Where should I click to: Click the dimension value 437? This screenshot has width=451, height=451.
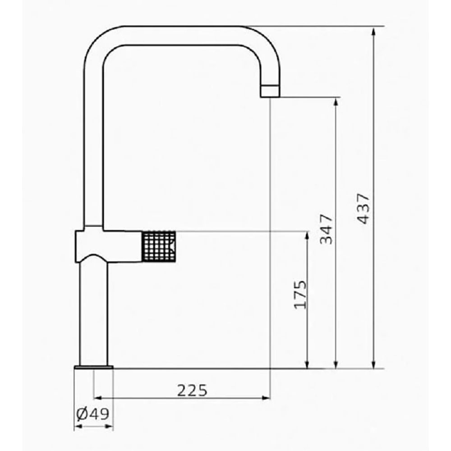coord(363,209)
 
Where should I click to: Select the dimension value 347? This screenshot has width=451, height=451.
coord(326,229)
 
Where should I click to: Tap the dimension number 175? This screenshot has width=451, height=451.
coord(300,295)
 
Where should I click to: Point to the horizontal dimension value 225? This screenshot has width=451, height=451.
coord(192,390)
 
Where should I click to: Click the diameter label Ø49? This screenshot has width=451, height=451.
coord(93,414)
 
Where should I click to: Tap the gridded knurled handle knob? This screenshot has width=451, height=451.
coord(159,246)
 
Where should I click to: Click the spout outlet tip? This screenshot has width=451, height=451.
coord(270,91)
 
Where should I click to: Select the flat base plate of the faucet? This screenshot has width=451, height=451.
coord(94,367)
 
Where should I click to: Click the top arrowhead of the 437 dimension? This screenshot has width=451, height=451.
coord(373,31)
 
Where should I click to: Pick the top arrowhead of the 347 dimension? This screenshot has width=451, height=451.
coord(336,102)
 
